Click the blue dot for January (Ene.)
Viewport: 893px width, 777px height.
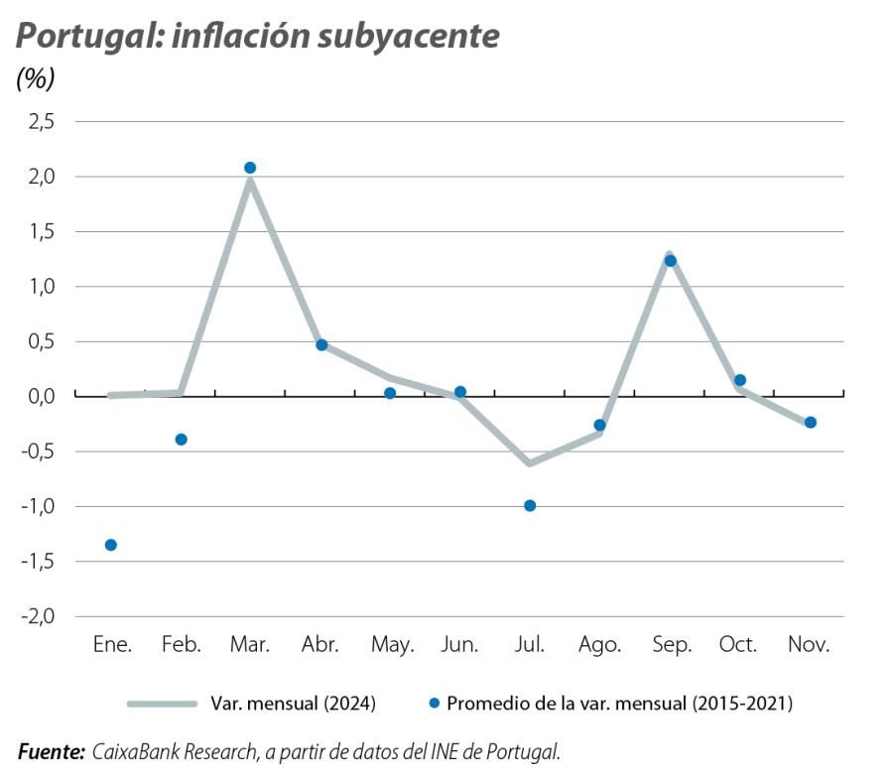coord(111,545)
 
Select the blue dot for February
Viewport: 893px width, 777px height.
coord(181,440)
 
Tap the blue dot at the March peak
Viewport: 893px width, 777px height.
coord(250,168)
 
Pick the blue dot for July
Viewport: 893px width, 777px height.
coord(530,506)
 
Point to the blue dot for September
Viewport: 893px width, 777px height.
coord(670,261)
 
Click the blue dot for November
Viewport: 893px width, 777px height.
coord(810,423)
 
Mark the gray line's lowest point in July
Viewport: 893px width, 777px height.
coord(530,462)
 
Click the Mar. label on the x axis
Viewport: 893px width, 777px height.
coord(250,645)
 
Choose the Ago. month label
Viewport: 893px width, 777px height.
coord(599,645)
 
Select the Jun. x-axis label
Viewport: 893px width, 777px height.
coord(459,645)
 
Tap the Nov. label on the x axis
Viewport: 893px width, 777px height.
coord(809,645)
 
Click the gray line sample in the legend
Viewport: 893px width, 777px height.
coord(163,704)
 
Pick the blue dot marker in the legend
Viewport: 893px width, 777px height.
coord(435,704)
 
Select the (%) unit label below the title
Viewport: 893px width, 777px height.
coord(36,79)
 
